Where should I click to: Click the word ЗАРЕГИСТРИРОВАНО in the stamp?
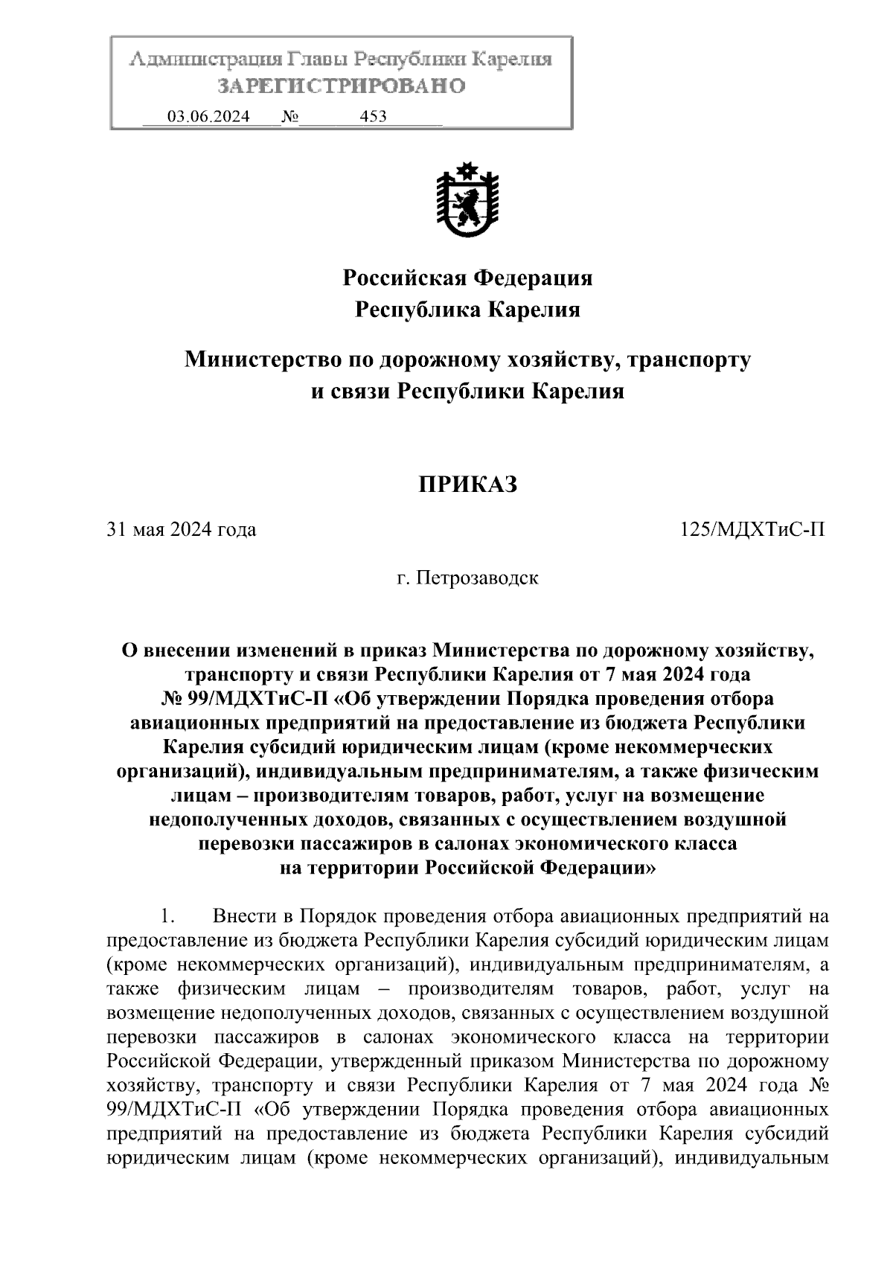point(341,86)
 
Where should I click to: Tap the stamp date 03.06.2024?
point(208,116)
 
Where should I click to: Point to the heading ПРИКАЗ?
point(467,485)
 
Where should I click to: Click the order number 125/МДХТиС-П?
point(752,530)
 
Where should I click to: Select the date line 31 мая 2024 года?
point(182,530)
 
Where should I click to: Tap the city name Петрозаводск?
point(476,578)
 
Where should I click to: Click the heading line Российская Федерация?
point(467,278)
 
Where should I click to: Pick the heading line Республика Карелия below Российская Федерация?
point(467,310)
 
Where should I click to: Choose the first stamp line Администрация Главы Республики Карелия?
point(341,60)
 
